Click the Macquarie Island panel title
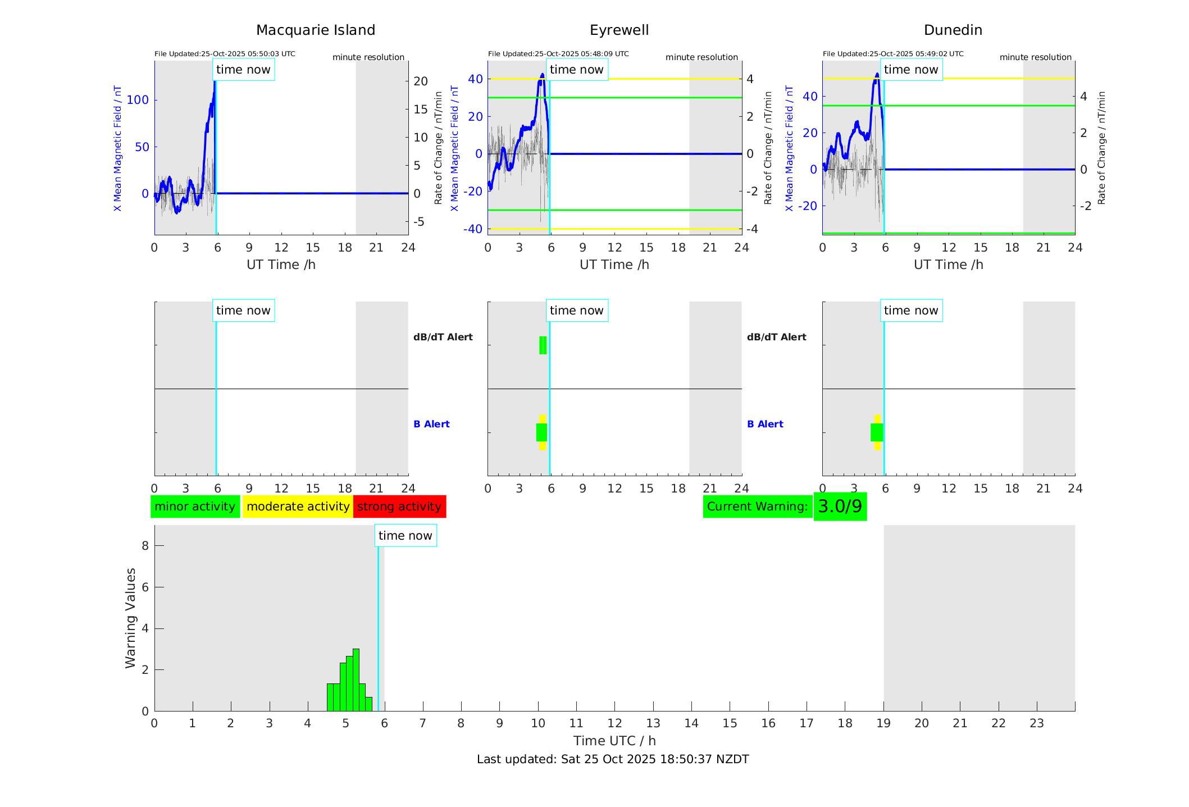316,30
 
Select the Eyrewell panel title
619,30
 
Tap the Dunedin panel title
953,30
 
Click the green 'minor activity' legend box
195,507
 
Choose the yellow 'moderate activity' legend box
298,507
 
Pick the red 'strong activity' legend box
399,507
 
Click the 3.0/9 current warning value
840,507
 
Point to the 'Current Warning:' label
757,507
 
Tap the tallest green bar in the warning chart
356,680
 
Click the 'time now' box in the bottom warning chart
405,536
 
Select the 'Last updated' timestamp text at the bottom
613,759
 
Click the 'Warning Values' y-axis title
131,618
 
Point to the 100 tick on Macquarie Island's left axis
138,100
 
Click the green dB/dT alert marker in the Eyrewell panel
543,345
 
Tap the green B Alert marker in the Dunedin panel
876,432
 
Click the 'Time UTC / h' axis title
614,741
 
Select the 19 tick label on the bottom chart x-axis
883,723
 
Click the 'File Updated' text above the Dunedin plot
893,54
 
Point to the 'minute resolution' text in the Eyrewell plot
701,57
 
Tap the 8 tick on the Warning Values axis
145,545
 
